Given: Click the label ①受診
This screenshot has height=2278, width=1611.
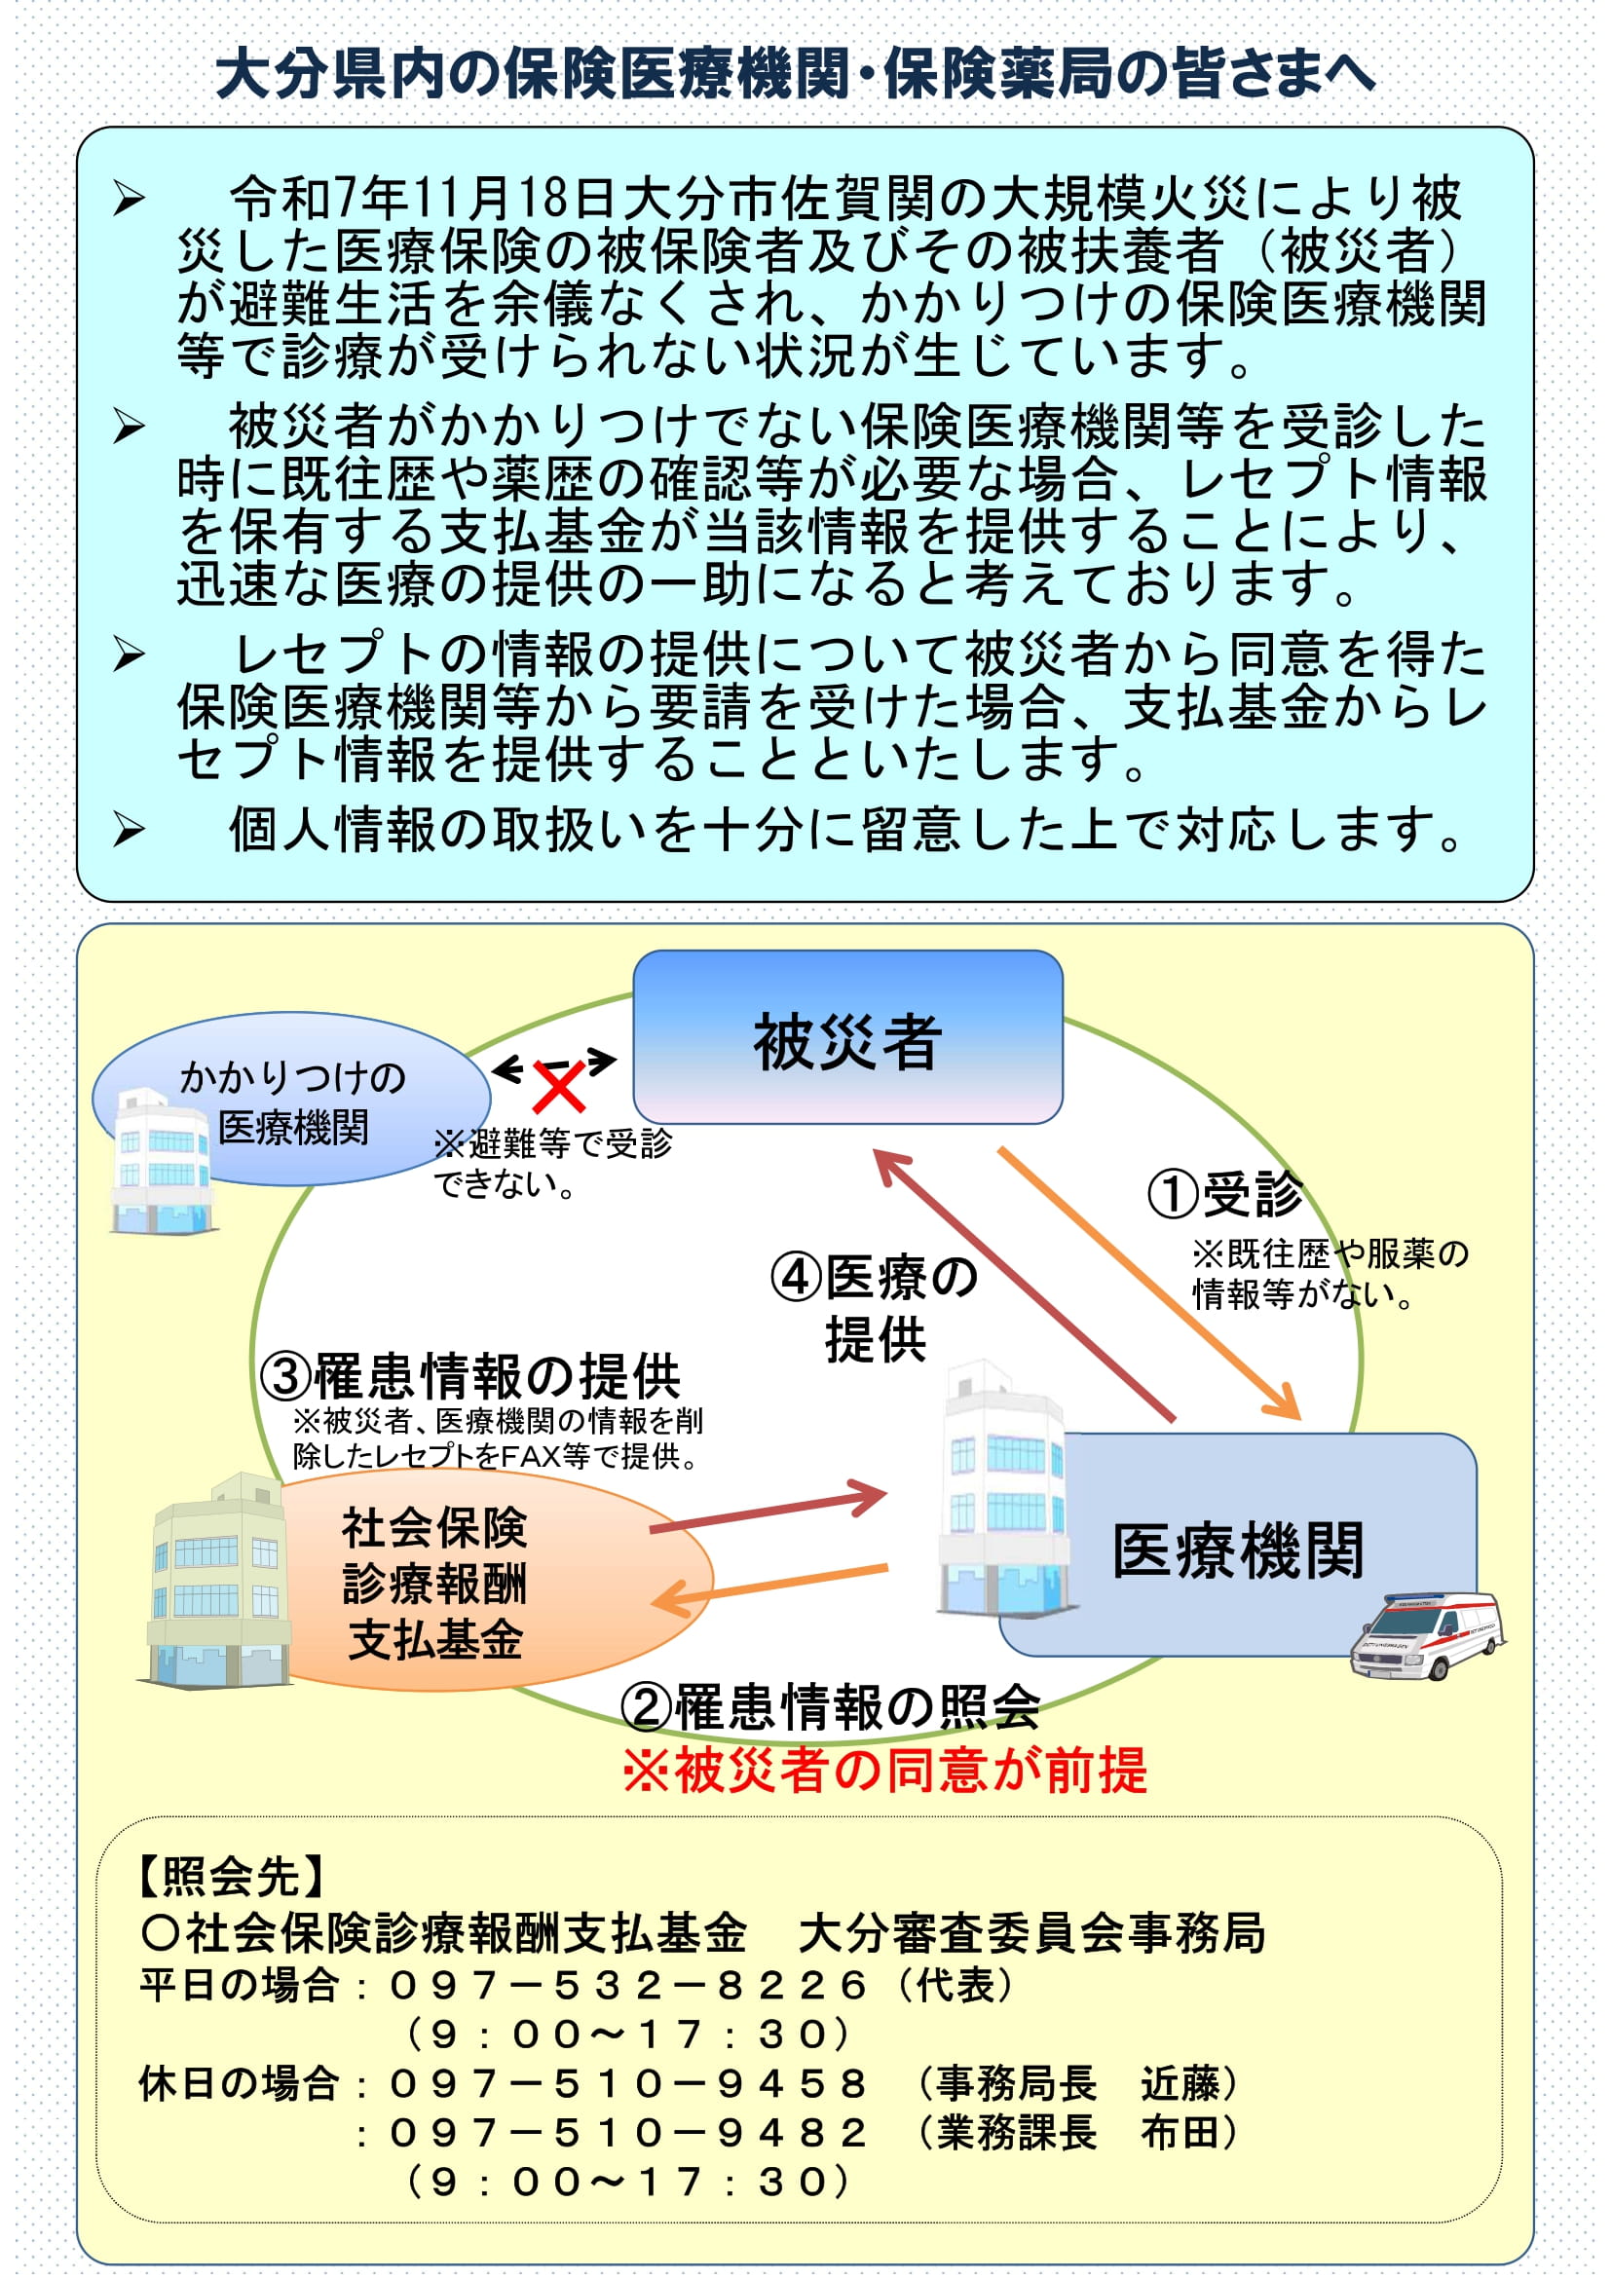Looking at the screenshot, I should point(1226,1194).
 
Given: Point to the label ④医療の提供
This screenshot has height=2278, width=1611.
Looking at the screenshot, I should point(874,1307).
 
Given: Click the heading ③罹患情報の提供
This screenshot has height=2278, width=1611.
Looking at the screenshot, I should point(470,1376).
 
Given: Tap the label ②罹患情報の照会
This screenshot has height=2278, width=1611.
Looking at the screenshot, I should point(830,1707).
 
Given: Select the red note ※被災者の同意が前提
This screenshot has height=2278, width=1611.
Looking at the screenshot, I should point(884,1769).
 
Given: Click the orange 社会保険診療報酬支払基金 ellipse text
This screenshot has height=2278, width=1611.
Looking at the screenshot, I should point(434,1584).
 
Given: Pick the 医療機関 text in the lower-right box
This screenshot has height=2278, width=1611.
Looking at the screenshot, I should point(1237,1550).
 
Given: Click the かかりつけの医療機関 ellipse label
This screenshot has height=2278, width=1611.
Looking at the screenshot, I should point(292,1102).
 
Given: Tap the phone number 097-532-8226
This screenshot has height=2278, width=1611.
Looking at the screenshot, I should point(628,1985).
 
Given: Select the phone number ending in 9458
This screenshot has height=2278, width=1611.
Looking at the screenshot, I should point(628,2083).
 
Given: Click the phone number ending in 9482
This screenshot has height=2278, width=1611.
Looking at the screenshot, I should point(628,2132).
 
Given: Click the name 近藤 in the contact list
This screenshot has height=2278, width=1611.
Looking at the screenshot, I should point(1180,2083).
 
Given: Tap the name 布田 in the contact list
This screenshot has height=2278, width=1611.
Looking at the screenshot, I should point(1180,2132).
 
